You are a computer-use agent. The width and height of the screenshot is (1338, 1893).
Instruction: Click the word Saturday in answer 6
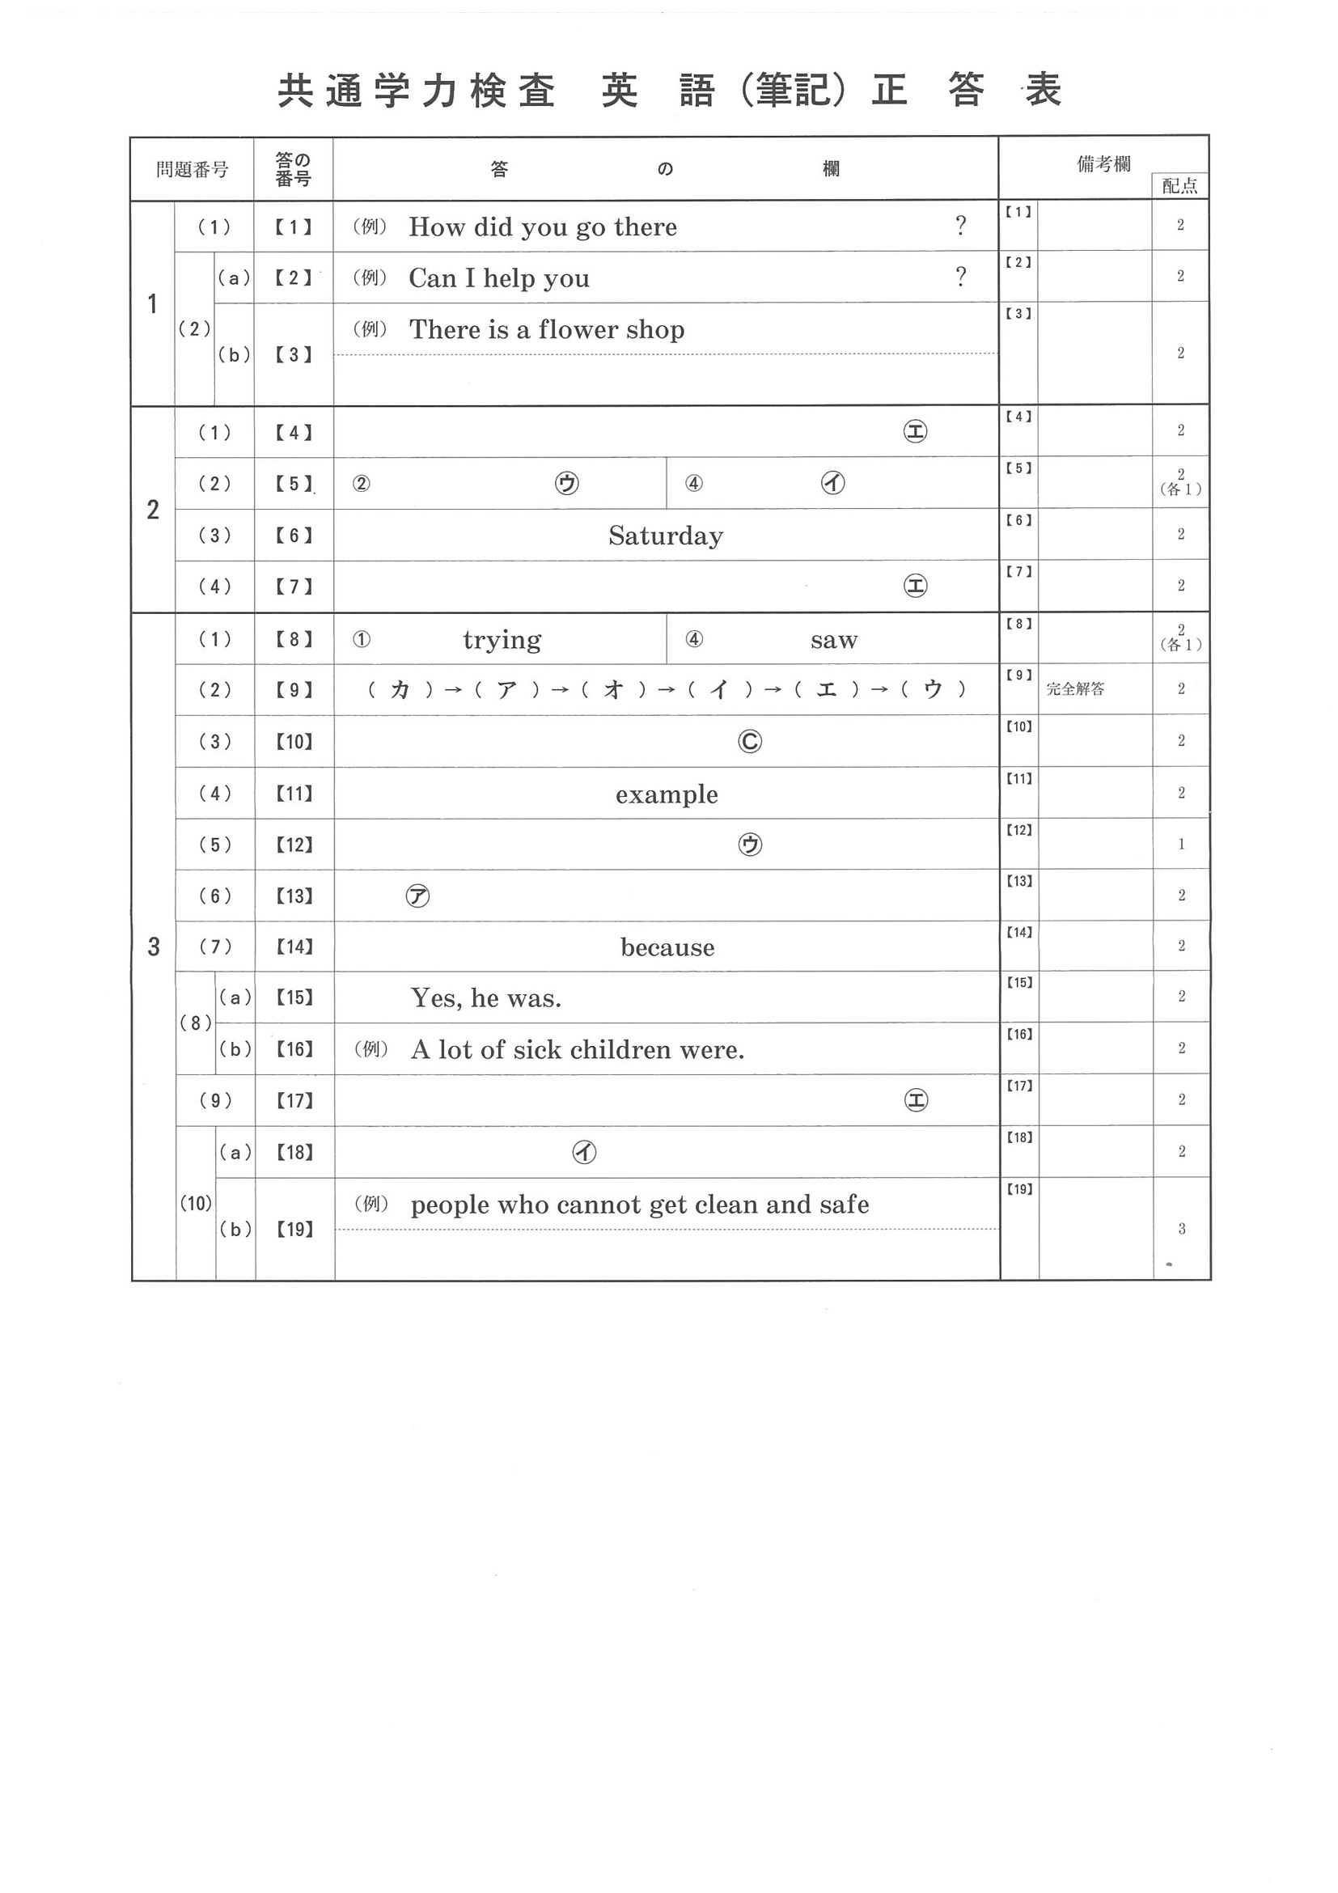click(665, 536)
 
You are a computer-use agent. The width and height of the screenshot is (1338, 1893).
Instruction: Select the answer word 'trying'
click(502, 640)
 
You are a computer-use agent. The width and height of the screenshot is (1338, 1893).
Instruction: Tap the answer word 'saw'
click(833, 640)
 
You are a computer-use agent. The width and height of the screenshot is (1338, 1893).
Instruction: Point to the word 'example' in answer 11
click(666, 794)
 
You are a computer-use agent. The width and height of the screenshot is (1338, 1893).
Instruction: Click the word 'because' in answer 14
click(667, 947)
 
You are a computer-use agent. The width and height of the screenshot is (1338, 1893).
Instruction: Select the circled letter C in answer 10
click(749, 741)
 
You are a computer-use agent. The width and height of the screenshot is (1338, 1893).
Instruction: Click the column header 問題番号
click(192, 170)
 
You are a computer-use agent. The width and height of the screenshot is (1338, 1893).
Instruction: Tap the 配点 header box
click(1179, 186)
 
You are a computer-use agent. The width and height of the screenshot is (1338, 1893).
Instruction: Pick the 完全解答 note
click(1074, 689)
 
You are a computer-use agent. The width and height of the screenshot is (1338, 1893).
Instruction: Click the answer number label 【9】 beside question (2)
click(294, 690)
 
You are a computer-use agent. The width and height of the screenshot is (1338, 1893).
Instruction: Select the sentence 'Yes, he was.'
click(485, 998)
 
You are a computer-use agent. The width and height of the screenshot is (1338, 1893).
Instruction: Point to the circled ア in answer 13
click(418, 896)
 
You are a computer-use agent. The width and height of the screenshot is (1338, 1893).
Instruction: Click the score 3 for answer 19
click(1180, 1229)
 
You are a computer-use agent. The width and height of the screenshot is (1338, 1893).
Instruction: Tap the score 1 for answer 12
click(1180, 845)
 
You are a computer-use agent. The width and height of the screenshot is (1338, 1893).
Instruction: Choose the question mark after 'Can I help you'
click(960, 277)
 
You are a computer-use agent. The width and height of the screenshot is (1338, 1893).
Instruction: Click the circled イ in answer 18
click(584, 1152)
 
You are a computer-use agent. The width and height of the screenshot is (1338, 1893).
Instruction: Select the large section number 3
click(154, 946)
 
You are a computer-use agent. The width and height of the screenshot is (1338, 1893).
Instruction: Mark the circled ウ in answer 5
click(566, 483)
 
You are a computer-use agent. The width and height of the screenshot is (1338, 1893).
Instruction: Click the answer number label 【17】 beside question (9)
click(294, 1101)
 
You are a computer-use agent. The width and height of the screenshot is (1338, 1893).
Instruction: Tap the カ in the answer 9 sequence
click(400, 690)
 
